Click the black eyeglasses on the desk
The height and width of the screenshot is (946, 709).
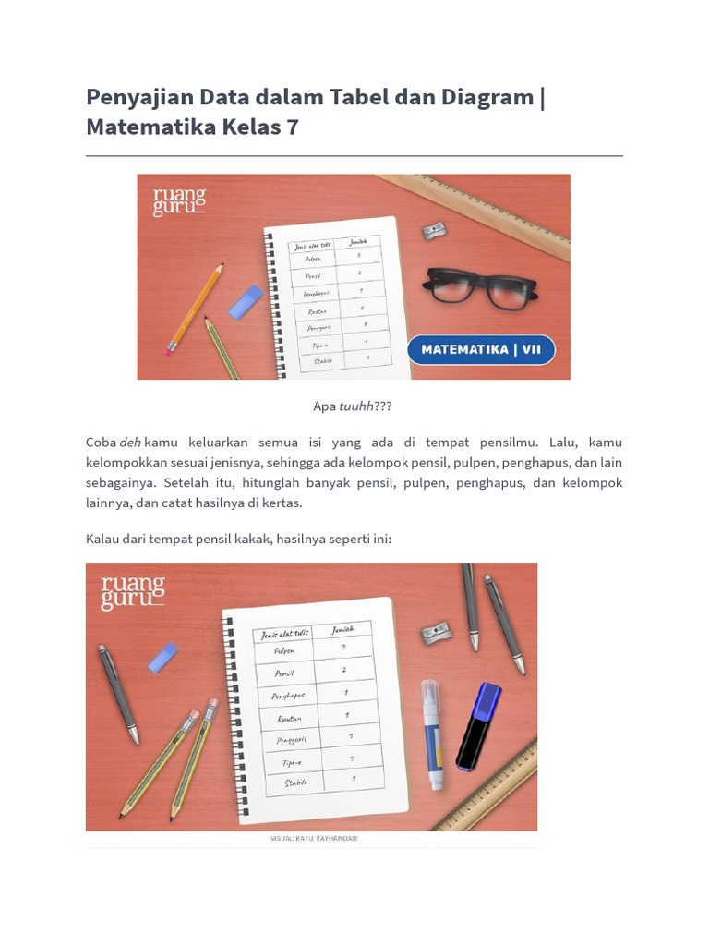[479, 287]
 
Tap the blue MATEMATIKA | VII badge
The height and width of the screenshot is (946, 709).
[481, 350]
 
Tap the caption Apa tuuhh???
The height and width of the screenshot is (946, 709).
[354, 406]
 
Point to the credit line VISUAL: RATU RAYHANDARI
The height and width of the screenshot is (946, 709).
[314, 839]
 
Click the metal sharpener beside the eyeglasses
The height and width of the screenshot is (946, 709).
[435, 229]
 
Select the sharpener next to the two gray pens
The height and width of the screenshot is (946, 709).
[436, 633]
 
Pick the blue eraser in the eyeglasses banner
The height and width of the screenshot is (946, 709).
[246, 302]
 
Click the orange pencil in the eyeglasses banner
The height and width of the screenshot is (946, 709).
[194, 309]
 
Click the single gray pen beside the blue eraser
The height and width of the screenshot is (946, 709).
[120, 693]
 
